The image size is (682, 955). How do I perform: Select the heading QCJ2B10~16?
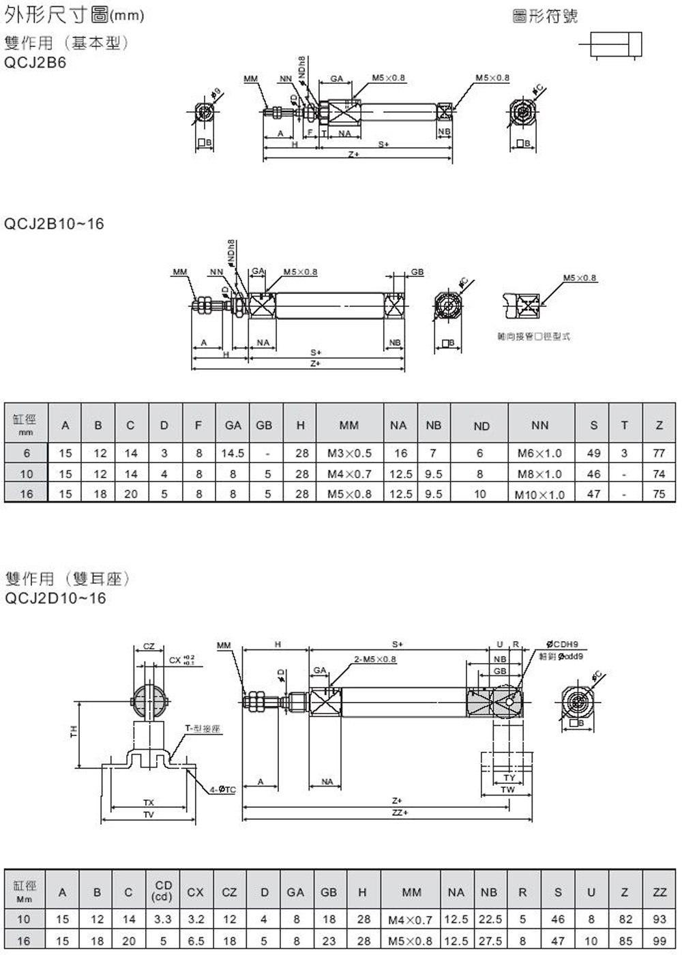click(55, 224)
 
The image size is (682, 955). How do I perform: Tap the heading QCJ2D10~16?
click(55, 598)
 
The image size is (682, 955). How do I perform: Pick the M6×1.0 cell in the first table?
click(539, 453)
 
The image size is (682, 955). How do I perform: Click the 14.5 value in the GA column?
click(233, 453)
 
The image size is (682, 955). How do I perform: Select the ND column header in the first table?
click(481, 426)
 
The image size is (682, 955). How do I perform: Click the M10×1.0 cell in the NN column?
click(539, 495)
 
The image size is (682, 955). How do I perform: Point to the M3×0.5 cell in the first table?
click(349, 453)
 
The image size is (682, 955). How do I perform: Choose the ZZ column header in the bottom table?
click(659, 892)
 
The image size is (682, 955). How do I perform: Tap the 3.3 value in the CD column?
click(163, 919)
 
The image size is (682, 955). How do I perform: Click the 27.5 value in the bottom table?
click(490, 941)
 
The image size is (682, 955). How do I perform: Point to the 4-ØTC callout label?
click(222, 789)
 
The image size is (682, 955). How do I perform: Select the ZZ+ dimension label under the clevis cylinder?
click(398, 812)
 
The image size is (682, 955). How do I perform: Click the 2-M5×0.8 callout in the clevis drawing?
click(375, 659)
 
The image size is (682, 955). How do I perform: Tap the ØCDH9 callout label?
click(563, 645)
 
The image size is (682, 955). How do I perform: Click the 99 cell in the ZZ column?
click(659, 941)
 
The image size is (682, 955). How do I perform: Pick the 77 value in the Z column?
click(659, 453)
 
